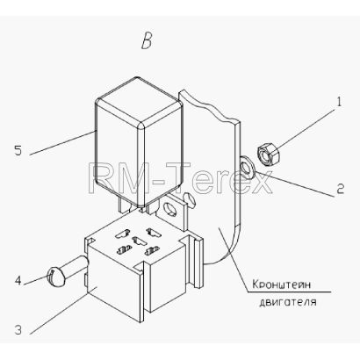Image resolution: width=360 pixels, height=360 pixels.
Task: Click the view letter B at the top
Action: tap(147, 41)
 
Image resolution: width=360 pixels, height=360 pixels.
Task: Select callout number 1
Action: tap(339, 102)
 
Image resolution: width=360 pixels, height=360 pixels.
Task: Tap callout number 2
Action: tap(340, 189)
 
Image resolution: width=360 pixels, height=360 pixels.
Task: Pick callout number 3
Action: tap(18, 330)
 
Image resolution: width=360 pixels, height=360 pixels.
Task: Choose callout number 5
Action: tap(18, 151)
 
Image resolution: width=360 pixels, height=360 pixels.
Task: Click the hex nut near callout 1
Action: tap(269, 154)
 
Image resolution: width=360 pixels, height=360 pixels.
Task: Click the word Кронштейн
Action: tap(281, 284)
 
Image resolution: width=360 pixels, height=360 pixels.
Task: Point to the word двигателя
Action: tap(288, 302)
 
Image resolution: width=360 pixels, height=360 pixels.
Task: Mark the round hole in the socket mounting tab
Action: tap(169, 209)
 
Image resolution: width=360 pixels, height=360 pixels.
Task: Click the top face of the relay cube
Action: tap(140, 99)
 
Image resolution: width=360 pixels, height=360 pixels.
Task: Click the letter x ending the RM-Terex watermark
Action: tap(261, 183)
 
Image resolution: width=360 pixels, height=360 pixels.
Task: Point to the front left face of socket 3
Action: tap(113, 283)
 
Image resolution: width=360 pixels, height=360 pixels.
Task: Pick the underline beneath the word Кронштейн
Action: tap(289, 292)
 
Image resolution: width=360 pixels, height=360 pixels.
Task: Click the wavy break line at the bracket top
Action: tap(209, 106)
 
